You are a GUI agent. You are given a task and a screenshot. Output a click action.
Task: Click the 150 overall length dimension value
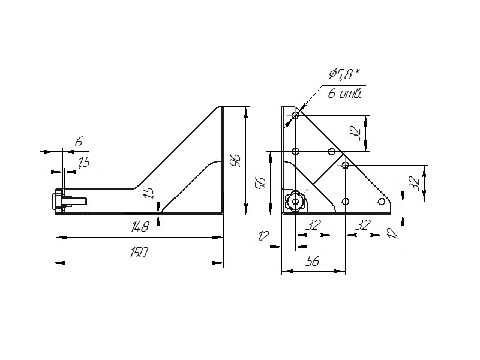point(139,253)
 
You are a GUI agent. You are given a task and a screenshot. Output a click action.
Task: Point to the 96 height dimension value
point(235,160)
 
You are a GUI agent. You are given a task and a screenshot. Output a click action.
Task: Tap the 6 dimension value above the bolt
point(78,142)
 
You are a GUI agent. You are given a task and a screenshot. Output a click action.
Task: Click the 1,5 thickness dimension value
point(84,162)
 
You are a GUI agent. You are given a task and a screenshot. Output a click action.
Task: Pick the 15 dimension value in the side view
point(149,191)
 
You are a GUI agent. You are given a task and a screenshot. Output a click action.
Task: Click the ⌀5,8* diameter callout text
point(344,74)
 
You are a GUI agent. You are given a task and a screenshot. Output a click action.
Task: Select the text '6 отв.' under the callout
point(344,93)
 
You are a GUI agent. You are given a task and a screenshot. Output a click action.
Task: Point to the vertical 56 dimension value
point(260,182)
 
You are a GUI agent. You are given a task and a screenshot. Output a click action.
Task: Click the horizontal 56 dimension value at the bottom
point(312,262)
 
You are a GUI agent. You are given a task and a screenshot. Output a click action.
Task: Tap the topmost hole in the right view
point(295,115)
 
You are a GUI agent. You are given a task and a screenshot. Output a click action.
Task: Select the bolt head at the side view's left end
point(59,200)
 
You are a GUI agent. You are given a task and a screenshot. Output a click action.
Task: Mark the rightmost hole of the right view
point(382,201)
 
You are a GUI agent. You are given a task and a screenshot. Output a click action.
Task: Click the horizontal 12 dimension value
point(262,237)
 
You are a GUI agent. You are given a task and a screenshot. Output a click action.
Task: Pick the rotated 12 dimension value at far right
point(393,232)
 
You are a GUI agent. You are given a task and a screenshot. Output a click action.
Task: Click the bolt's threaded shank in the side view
point(79,201)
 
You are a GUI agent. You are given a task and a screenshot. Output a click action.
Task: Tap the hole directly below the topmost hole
point(295,151)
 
